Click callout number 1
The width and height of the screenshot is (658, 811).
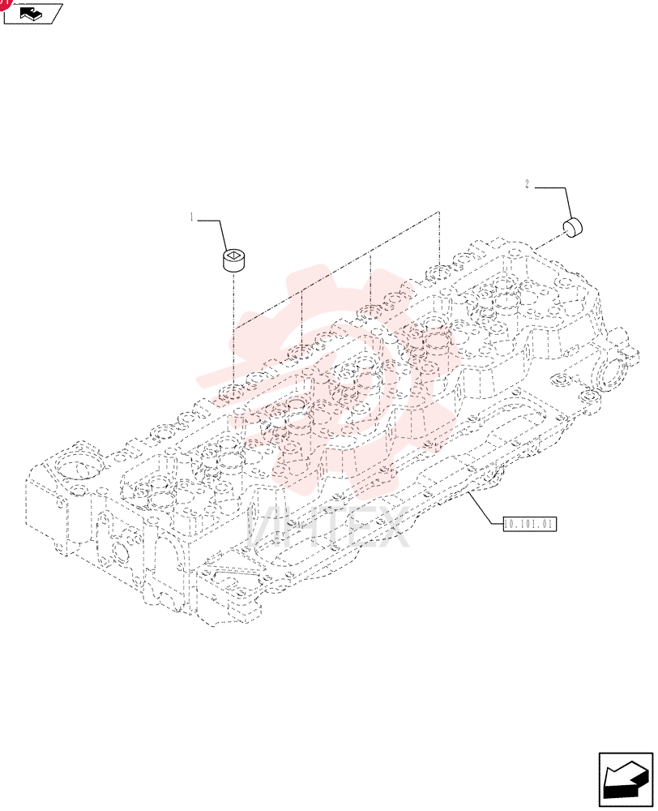192,217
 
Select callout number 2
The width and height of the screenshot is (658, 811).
527,184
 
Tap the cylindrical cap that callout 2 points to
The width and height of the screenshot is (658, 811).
571,227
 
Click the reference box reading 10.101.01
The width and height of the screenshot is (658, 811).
530,524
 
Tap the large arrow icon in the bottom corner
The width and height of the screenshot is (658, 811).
626,779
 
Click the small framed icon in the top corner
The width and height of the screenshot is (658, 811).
32,14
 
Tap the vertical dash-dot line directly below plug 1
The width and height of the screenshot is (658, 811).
233,332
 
